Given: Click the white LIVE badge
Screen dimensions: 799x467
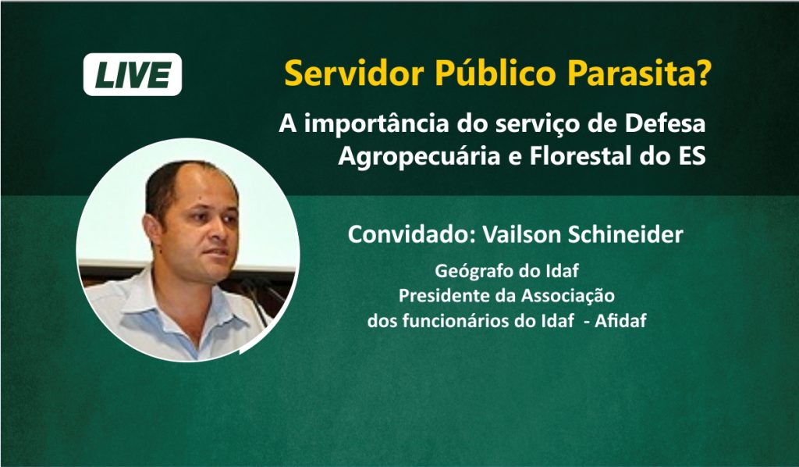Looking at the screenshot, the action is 133,74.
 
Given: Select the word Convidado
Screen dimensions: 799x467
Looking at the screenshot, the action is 412,234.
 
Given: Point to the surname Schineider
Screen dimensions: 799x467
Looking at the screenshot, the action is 625,234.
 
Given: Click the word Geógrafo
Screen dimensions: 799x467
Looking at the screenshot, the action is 468,271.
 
